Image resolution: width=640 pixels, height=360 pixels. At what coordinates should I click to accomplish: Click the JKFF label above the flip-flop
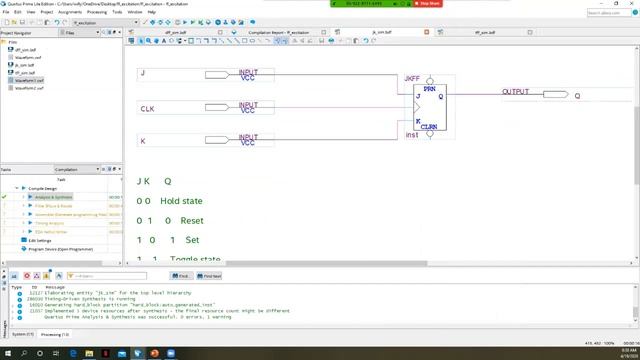pos(412,78)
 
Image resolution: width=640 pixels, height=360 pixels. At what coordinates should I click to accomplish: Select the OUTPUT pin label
pos(516,91)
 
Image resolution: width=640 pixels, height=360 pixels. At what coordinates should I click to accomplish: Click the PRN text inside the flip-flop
pos(429,89)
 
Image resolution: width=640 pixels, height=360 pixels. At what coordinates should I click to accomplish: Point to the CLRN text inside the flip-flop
pos(429,127)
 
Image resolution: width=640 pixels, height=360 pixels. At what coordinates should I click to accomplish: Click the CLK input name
pos(147,108)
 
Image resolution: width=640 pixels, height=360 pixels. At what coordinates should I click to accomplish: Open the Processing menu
pos(91,13)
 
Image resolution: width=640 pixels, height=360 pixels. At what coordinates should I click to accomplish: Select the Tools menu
pos(118,13)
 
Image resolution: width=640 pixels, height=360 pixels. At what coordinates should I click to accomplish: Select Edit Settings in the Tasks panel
pos(40,240)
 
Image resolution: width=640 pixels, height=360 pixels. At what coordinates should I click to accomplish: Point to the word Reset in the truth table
pos(193,220)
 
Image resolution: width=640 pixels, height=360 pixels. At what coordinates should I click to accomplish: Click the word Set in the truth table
pos(193,240)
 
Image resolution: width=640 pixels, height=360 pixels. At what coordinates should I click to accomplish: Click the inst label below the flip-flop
pos(411,135)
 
